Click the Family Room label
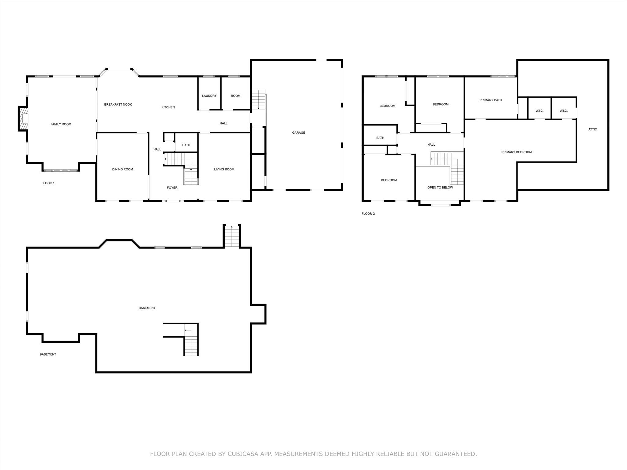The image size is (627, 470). coord(61,124)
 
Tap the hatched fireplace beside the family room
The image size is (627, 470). coord(23,118)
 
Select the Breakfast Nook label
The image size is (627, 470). coord(118,104)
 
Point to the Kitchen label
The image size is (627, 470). coord(168,107)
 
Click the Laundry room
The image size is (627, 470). coord(209,93)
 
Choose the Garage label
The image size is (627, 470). coord(298,132)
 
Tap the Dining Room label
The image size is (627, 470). coord(122,169)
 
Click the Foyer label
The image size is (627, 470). coord(172,188)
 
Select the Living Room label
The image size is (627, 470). coord(224,169)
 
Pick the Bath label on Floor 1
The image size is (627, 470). coord(186,145)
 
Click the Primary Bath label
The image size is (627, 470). coord(491,100)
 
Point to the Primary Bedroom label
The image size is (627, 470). coord(516,152)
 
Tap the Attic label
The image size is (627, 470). coord(593,129)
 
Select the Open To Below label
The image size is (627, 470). coord(440,188)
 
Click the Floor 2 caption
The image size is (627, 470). coord(368,214)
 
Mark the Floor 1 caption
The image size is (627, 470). coord(48,183)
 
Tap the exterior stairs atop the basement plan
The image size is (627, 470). coord(232,236)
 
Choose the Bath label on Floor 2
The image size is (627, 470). coord(380,138)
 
